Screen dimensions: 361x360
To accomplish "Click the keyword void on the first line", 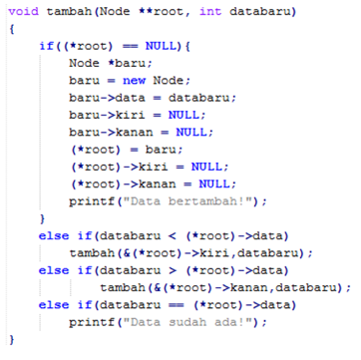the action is [x=23, y=12].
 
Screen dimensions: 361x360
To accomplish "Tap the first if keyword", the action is [x=45, y=46].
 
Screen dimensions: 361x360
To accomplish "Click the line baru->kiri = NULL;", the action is [x=129, y=114].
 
